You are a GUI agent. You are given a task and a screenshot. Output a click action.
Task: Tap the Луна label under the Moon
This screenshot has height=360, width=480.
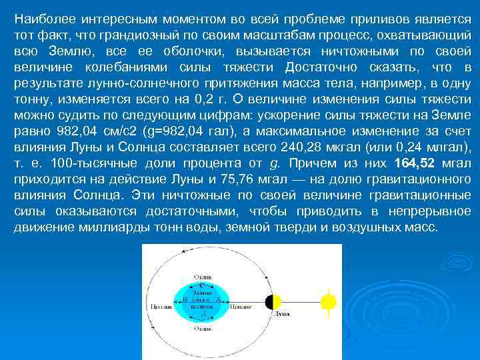(281, 312)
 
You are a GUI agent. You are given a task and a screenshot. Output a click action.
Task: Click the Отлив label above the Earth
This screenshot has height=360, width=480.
(202, 276)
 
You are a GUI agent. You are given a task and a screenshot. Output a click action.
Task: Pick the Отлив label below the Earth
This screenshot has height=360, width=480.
(202, 329)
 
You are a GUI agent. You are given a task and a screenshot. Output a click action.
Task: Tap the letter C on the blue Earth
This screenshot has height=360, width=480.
(201, 286)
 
